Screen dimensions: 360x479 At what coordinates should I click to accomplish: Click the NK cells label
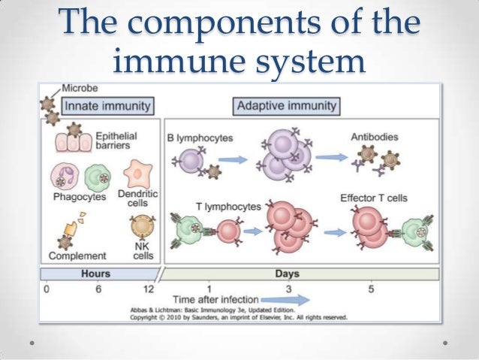[x=143, y=251]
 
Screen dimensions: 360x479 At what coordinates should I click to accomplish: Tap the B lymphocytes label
[x=200, y=138]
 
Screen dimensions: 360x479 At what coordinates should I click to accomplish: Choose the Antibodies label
[x=374, y=138]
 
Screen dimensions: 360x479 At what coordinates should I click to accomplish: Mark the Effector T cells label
[x=374, y=198]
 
